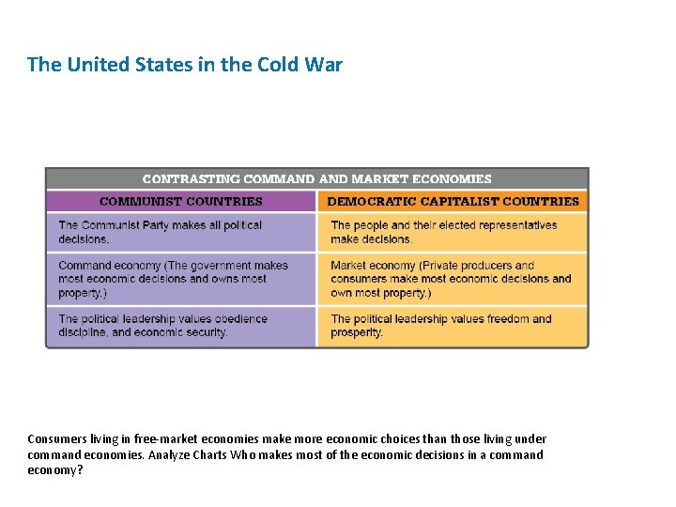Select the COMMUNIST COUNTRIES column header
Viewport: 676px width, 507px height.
[x=181, y=201]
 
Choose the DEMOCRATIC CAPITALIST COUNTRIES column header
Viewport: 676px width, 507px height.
[x=453, y=201]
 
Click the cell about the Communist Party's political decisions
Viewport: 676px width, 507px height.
[x=181, y=232]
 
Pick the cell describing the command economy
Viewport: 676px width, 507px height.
[x=181, y=279]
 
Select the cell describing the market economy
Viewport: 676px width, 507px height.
[x=453, y=279]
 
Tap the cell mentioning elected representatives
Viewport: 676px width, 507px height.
[x=453, y=232]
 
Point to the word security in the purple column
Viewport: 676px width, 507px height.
[x=206, y=332]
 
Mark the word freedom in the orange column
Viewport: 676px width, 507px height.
[x=508, y=319]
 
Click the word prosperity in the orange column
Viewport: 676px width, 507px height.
[x=356, y=332]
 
